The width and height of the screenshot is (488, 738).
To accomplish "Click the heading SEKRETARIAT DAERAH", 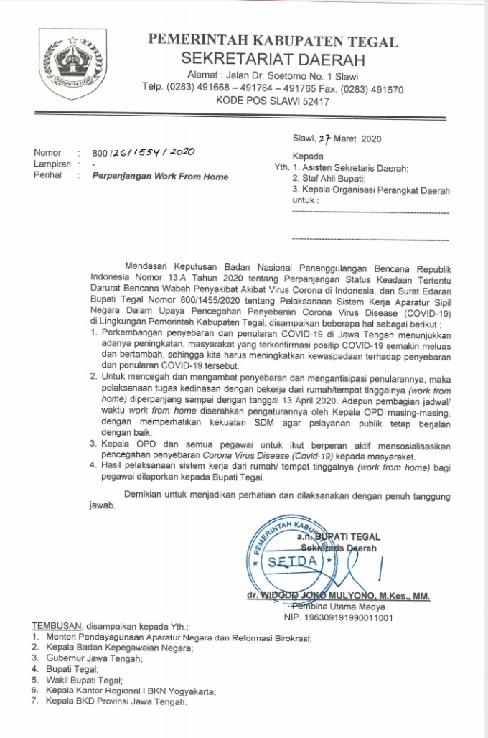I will (x=273, y=59).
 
